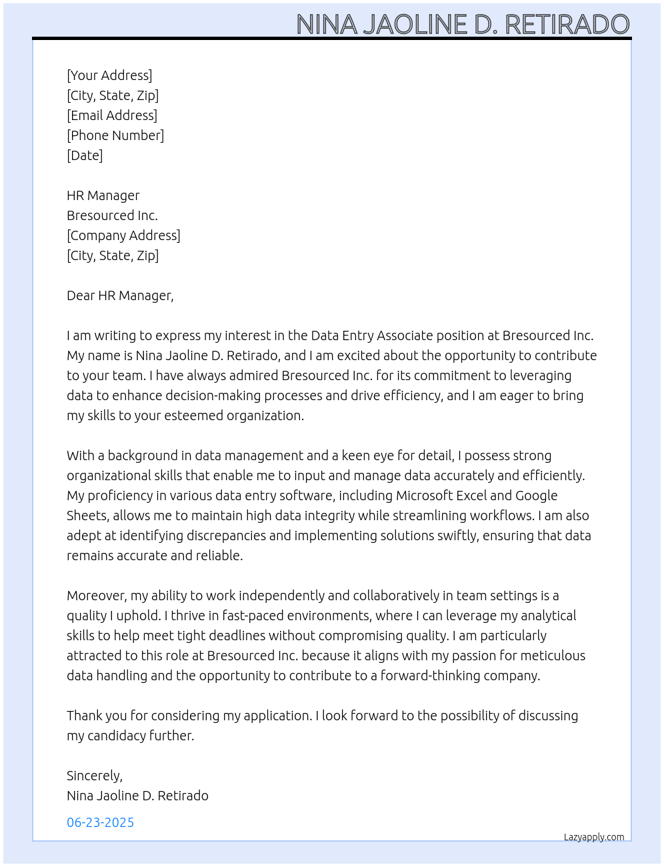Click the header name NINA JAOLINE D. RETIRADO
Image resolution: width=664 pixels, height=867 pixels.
[x=463, y=24]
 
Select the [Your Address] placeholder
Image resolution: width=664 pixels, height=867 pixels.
[x=109, y=75]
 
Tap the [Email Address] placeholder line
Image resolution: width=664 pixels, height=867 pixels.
[x=112, y=115]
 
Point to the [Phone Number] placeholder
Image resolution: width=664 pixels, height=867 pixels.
[x=115, y=135]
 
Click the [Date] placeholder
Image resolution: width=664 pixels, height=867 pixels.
[x=85, y=155]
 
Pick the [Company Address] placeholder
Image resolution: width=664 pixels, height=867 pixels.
[x=123, y=235]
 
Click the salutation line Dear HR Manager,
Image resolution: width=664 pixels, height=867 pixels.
[x=120, y=295]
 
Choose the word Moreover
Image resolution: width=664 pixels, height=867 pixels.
[x=97, y=596]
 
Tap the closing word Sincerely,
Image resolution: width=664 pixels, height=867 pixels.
[x=95, y=776]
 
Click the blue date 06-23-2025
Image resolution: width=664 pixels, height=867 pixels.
[x=101, y=822]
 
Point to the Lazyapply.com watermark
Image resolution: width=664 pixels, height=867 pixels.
[x=594, y=837]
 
